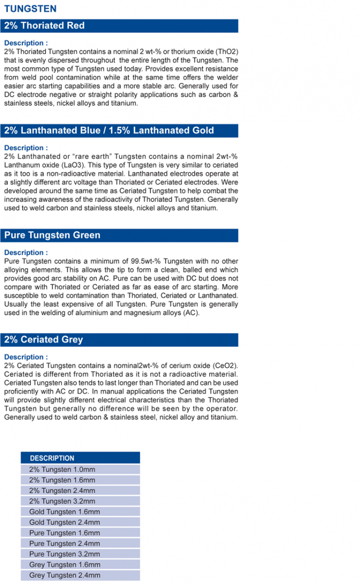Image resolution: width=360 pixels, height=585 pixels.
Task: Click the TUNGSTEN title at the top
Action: (30, 9)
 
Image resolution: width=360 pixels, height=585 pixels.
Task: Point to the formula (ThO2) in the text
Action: (224, 52)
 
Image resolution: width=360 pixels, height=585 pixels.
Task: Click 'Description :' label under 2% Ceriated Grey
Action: (26, 357)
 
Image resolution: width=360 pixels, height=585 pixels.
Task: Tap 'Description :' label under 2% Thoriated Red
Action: (26, 43)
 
